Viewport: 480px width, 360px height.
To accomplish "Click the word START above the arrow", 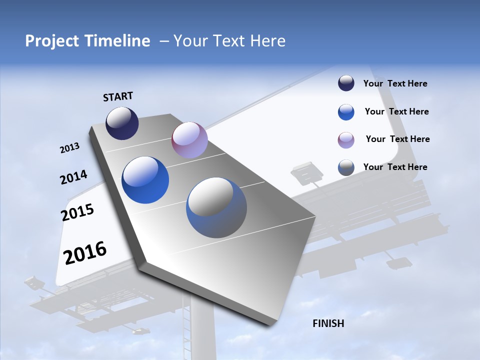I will [118, 96].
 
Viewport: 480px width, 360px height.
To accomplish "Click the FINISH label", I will [328, 323].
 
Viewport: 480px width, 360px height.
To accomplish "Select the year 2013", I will [69, 148].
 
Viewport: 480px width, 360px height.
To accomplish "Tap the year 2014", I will [73, 177].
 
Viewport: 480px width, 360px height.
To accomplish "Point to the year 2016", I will [85, 253].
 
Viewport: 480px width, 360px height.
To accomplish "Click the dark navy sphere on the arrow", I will [122, 123].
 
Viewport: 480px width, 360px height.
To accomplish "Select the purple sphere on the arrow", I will [189, 140].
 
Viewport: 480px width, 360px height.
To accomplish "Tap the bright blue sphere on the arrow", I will [145, 180].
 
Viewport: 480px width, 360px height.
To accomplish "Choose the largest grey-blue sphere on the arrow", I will [216, 207].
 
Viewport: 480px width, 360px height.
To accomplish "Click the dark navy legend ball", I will [346, 83].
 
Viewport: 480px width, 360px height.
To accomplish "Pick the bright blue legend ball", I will [346, 112].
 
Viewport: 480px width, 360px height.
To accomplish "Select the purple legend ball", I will [346, 140].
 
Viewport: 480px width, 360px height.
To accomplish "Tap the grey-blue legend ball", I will [346, 167].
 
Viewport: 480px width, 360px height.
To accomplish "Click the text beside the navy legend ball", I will [395, 83].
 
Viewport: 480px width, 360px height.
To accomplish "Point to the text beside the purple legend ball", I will [397, 139].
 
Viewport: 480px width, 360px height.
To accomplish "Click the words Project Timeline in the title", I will [87, 41].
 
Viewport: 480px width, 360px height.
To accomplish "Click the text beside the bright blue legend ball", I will [396, 111].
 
